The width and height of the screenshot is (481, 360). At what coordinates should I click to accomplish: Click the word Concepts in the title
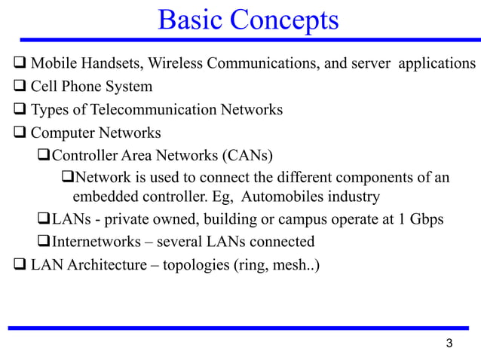coord(286,20)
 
